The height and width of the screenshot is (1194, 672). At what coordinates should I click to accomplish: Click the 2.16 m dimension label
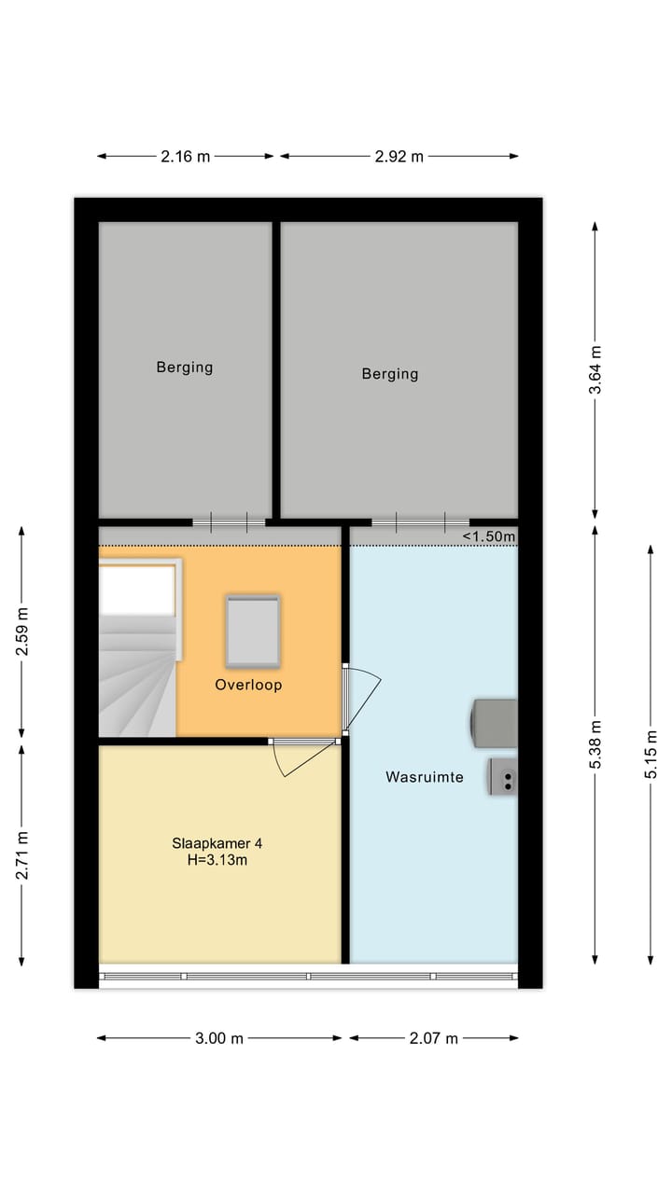(185, 157)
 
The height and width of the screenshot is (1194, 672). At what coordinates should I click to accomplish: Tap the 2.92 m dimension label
(399, 157)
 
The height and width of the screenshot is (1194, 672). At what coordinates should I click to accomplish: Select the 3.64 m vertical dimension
(595, 370)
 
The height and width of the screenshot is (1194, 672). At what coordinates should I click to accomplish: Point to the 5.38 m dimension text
(595, 744)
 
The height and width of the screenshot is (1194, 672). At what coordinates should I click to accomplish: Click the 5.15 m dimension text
(651, 755)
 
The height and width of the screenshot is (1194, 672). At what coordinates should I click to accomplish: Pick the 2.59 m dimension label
(21, 632)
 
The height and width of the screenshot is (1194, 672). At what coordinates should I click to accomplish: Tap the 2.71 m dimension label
(21, 855)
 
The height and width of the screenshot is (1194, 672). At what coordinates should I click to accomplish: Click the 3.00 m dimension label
(219, 1038)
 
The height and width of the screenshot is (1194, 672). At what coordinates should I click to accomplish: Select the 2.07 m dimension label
(434, 1038)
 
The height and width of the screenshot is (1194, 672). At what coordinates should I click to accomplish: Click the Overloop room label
(248, 685)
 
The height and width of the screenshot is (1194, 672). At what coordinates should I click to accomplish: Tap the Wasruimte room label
(425, 777)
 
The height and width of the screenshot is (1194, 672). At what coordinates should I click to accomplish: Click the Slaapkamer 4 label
(217, 843)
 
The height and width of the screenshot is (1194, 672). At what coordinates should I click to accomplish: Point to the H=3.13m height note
(217, 860)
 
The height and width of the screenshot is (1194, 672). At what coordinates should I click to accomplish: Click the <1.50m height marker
(489, 536)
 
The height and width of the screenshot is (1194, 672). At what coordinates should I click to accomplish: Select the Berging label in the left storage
(185, 368)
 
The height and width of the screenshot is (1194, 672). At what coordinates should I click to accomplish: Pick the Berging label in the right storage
(390, 374)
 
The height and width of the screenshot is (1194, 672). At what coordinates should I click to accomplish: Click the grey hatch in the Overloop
(253, 632)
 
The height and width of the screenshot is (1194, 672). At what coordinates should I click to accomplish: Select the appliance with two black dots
(503, 777)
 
